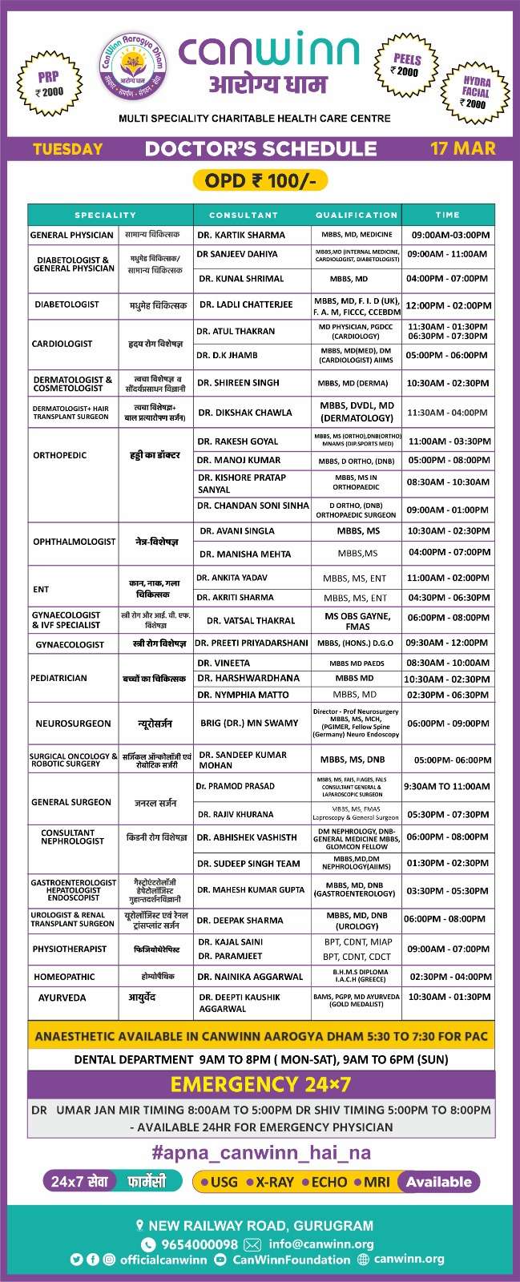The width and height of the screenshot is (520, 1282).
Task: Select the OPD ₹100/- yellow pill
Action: [260, 180]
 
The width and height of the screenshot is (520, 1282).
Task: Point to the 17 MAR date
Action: [462, 148]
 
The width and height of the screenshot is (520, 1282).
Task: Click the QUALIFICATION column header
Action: [357, 215]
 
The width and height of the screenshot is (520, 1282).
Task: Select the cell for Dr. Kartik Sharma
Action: [241, 235]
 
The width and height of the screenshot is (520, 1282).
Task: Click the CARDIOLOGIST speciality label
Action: [62, 343]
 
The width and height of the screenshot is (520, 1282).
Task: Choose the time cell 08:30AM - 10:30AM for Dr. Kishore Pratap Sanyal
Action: [448, 482]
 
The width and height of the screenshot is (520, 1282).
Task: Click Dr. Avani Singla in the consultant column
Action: [237, 530]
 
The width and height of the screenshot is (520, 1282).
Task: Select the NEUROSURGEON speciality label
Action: [73, 724]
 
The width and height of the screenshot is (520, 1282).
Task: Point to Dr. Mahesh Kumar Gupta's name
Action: [251, 889]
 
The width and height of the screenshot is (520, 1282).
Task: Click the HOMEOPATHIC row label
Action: [64, 977]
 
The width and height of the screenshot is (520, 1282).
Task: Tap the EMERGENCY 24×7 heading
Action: [260, 1084]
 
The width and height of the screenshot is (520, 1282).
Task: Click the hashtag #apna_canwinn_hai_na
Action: [261, 1153]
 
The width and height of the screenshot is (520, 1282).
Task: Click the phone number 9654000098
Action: [200, 1244]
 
